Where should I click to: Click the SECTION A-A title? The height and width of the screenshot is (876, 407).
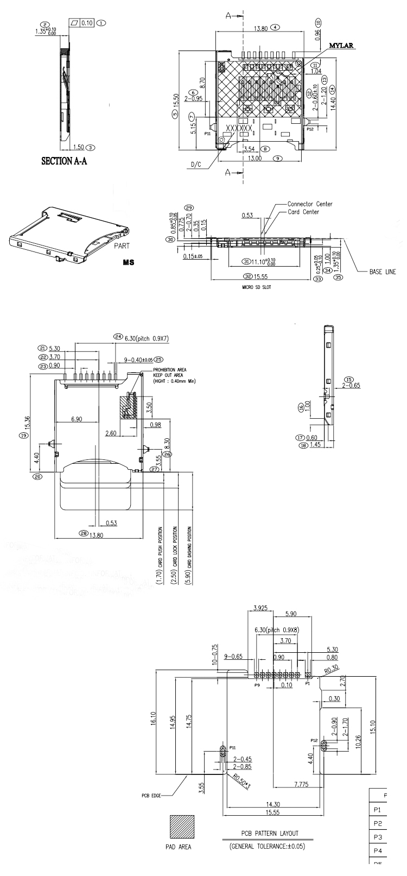(67, 161)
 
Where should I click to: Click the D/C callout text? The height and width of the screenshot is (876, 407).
(196, 165)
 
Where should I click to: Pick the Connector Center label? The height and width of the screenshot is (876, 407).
(310, 204)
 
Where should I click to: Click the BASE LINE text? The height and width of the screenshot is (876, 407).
(383, 272)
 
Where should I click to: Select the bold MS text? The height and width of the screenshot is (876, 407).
(129, 262)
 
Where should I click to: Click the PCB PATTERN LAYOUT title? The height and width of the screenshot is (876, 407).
(269, 833)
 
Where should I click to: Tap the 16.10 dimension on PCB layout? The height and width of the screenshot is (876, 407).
(154, 720)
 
